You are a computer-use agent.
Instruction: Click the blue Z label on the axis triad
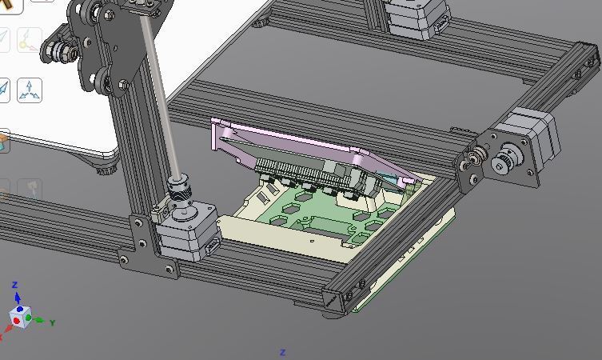click(x=15, y=285)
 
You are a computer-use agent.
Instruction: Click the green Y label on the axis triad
click(x=53, y=322)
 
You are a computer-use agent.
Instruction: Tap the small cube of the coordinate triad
click(x=20, y=317)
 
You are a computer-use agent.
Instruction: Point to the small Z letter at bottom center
click(x=282, y=352)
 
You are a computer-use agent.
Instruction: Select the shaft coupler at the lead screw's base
click(x=178, y=189)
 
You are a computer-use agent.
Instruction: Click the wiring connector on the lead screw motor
click(x=213, y=246)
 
